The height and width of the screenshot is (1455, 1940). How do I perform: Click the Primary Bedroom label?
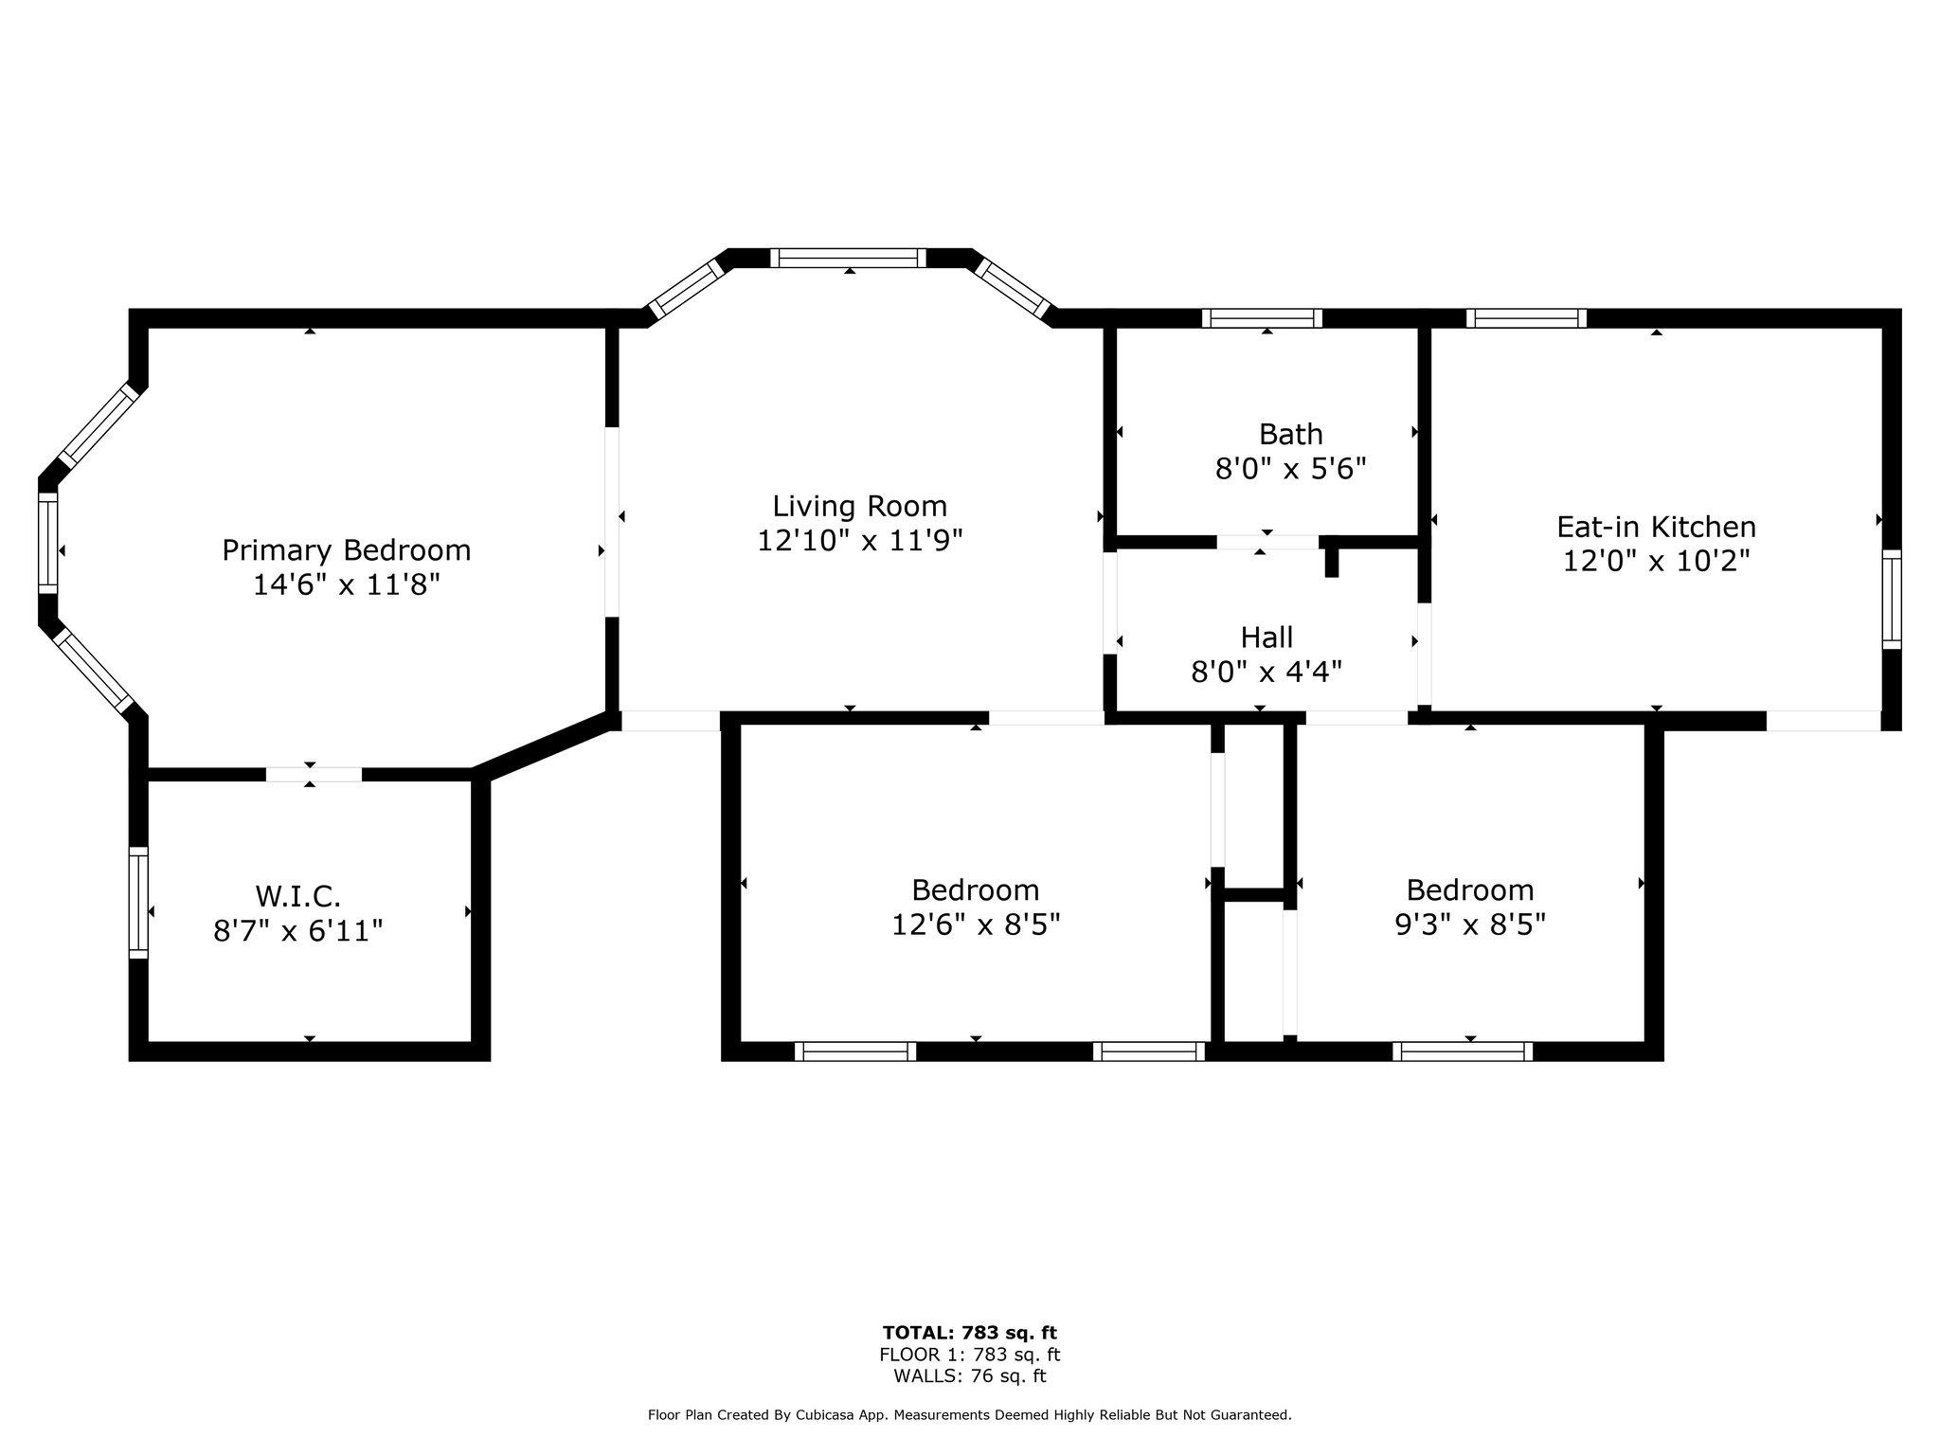pos(346,550)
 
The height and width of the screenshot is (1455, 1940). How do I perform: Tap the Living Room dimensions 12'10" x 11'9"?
pos(860,541)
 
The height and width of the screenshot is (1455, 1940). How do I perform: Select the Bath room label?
pos(1291,435)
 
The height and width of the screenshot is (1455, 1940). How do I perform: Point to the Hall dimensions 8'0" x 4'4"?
pos(1266,673)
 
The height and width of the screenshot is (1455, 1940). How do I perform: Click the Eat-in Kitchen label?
pos(1657,527)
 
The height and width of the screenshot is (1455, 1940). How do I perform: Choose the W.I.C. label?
pos(297,896)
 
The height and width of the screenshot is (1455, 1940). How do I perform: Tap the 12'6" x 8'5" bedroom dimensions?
pos(976,925)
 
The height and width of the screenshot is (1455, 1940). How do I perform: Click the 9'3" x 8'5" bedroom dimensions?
pos(1470,925)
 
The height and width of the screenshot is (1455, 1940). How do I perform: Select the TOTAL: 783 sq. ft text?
pos(970,1334)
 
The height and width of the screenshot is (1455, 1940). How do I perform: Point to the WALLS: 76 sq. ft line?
pos(970,1377)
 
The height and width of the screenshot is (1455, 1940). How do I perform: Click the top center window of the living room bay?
pos(848,258)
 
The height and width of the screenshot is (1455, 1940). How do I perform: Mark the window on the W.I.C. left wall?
pos(139,903)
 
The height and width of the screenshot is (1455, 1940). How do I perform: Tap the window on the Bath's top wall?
pos(1263,318)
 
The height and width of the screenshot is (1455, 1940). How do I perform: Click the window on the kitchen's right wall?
pos(1892,600)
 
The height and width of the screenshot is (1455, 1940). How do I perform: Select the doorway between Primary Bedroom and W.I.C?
pos(314,775)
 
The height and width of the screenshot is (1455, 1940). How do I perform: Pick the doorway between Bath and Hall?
pos(1267,542)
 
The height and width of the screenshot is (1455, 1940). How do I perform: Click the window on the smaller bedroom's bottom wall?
pos(1463,1051)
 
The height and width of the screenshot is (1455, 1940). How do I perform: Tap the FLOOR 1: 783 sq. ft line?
pos(970,1356)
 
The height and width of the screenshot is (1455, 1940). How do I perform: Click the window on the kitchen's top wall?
pos(1527,318)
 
